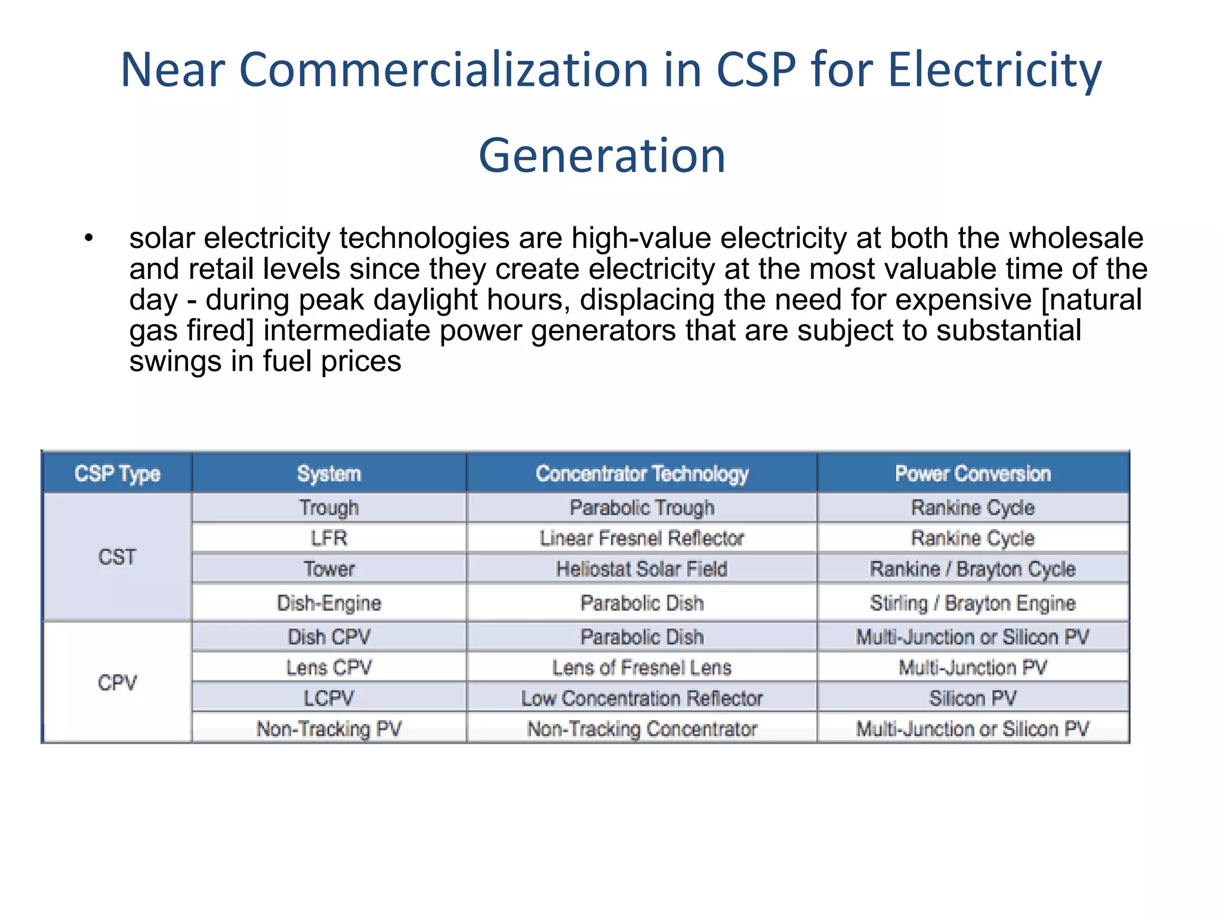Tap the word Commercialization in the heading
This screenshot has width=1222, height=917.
[x=443, y=70]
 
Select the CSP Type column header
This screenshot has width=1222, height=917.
[x=117, y=473]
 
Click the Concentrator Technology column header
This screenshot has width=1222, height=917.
[x=641, y=473]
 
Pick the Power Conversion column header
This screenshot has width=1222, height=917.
[x=973, y=473]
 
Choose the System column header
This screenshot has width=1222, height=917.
[x=329, y=473]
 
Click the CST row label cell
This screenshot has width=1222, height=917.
[x=117, y=557]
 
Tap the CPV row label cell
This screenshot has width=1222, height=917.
[x=117, y=682]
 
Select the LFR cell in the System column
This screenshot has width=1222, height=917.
[x=329, y=538]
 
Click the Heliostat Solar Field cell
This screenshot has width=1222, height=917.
[x=641, y=569]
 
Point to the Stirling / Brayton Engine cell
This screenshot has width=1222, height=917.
[x=973, y=603]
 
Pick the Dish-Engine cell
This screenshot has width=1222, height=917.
[x=329, y=603]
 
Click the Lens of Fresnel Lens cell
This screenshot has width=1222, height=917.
[x=641, y=667]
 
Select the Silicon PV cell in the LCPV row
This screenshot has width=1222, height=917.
[x=973, y=698]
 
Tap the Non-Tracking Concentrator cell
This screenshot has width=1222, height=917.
[x=641, y=729]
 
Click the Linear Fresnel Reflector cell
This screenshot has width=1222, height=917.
[x=641, y=538]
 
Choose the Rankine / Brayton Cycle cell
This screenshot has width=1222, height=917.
[x=973, y=569]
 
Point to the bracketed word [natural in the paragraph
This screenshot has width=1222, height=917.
[x=1091, y=300]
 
